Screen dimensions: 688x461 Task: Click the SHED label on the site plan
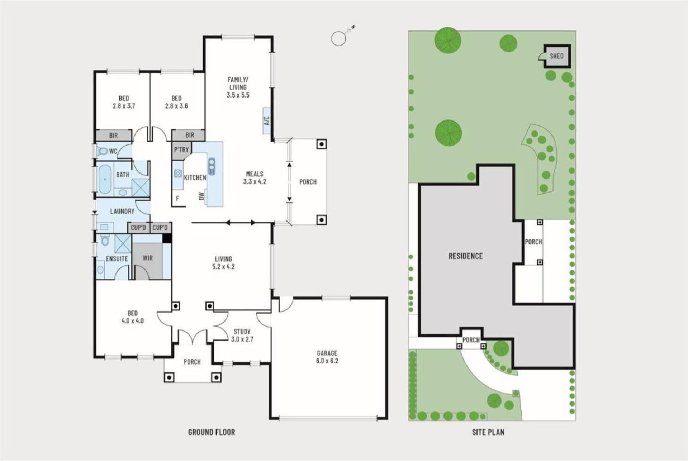pos(556,56)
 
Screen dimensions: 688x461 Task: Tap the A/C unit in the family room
pos(267,121)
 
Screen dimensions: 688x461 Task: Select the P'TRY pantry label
pos(181,149)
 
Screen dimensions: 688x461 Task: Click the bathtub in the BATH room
pos(105,179)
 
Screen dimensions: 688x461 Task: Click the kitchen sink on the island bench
pos(212,166)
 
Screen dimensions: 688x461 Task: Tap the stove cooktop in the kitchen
pos(178,174)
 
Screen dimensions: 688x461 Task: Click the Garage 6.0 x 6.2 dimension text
pos(327,361)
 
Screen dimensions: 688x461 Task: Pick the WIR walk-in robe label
pos(148,258)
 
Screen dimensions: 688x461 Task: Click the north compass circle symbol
pos(338,38)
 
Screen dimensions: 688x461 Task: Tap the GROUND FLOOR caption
pos(212,432)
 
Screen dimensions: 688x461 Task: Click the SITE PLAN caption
pos(488,432)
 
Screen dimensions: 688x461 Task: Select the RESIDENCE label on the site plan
pos(466,256)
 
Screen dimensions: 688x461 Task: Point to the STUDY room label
pos(242,332)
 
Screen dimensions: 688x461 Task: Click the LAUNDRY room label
pos(122,211)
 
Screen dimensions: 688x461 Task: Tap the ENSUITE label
pos(117,258)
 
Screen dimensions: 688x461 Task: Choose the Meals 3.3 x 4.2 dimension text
pos(255,182)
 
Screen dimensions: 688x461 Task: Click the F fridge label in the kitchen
pos(177,198)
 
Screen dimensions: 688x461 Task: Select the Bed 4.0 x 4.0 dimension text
pos(133,321)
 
